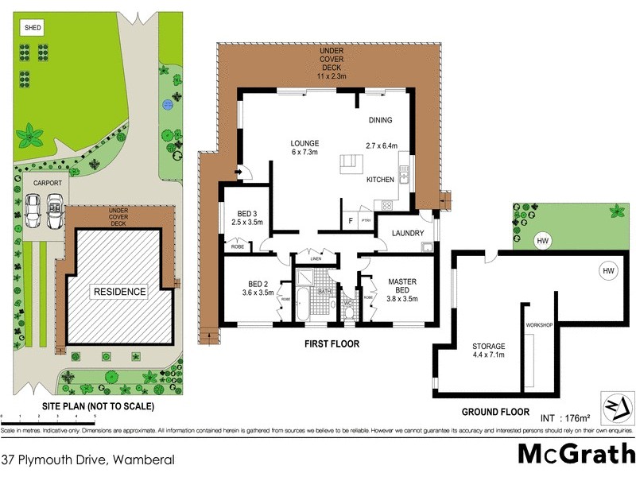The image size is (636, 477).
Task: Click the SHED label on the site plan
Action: click(33, 29)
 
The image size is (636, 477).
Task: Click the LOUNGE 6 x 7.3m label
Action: click(304, 147)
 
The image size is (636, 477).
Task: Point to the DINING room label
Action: click(380, 120)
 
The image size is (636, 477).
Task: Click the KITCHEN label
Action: click(380, 180)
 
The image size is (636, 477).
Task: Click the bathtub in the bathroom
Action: click(303, 306)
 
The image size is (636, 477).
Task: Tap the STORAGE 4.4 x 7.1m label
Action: click(488, 351)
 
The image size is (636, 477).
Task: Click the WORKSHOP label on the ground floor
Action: click(538, 326)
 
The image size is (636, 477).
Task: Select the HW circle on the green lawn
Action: click(542, 241)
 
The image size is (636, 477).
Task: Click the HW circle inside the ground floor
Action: click(608, 272)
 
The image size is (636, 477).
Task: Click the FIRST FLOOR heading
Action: click(332, 344)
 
